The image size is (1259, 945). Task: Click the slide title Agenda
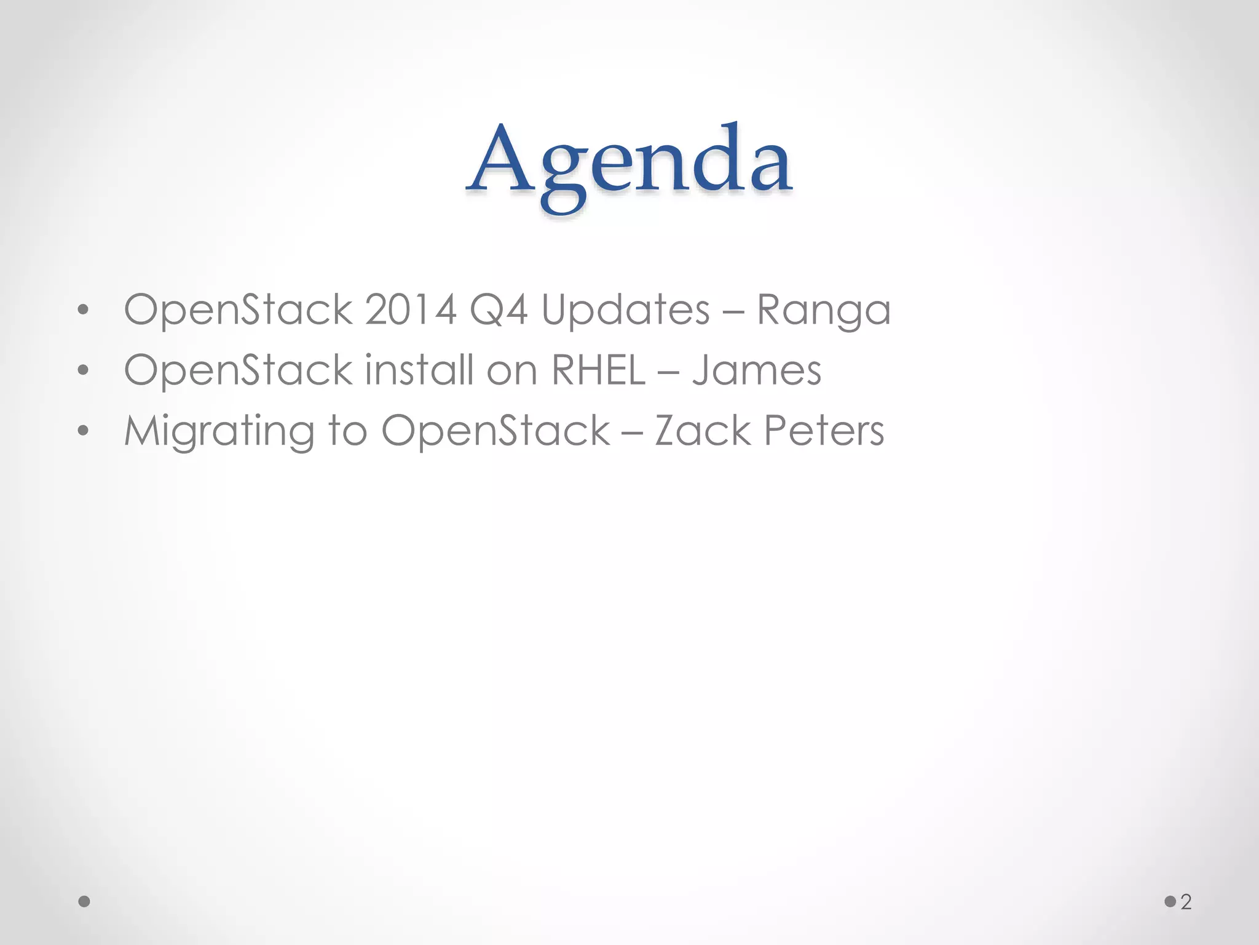click(x=629, y=163)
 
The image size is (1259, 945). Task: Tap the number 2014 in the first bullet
click(x=411, y=309)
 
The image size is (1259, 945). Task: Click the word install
click(x=419, y=370)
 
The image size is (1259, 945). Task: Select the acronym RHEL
click(x=598, y=370)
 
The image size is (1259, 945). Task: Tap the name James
click(x=757, y=370)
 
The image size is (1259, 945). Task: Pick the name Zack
click(x=702, y=431)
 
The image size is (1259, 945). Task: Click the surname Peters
click(x=824, y=431)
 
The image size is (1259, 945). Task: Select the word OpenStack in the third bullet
click(x=495, y=431)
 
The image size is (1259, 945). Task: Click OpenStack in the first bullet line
click(x=238, y=309)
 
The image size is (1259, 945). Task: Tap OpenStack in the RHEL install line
click(x=238, y=370)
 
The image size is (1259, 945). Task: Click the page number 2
click(x=1186, y=902)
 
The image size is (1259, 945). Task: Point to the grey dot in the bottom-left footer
click(x=85, y=902)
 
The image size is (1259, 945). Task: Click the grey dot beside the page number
click(x=1170, y=902)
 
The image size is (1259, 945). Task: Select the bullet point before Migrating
click(x=84, y=431)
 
